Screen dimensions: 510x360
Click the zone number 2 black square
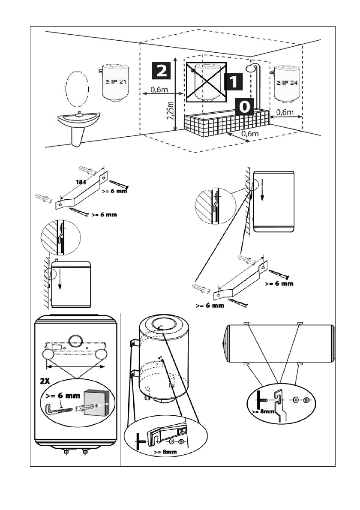pos(161,70)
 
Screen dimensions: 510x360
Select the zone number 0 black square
pos(244,105)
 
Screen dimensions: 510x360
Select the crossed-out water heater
pos(206,82)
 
